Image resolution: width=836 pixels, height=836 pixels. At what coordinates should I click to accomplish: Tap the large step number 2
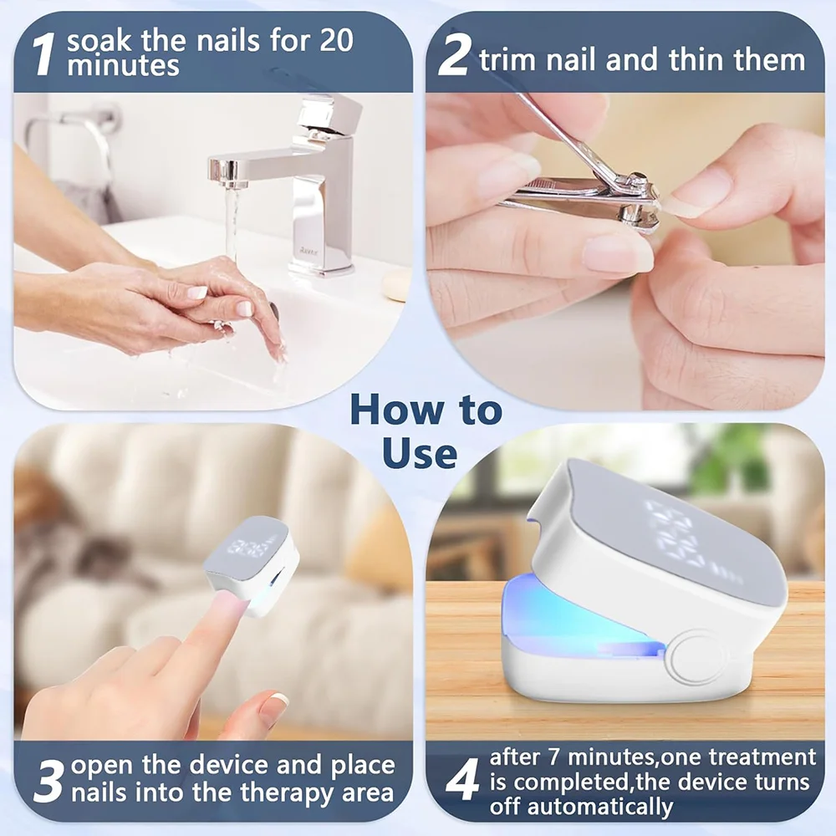point(453,59)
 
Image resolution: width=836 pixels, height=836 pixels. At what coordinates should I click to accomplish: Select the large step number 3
point(48,781)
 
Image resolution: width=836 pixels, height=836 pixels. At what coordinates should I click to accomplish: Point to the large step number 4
point(461,781)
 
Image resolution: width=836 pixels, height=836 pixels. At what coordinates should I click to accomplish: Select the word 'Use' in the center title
point(420,452)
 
